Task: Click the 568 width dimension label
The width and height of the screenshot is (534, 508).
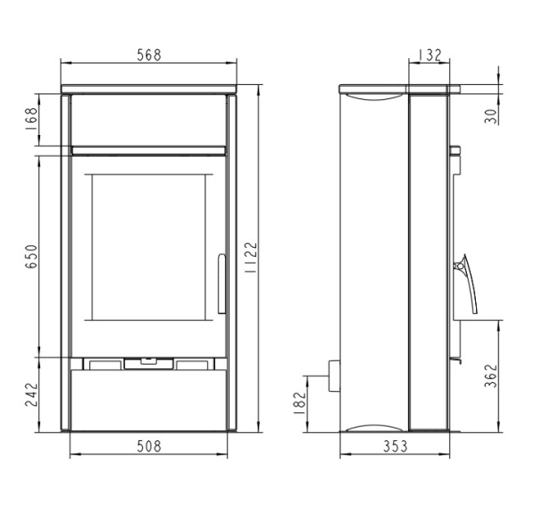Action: tap(149, 55)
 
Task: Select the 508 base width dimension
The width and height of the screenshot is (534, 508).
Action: tap(149, 446)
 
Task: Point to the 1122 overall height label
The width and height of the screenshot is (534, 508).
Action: tap(251, 258)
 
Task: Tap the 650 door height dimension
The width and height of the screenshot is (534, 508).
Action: tap(31, 257)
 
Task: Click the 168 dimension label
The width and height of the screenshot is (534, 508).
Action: tap(31, 119)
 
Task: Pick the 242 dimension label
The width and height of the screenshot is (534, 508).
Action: tap(31, 394)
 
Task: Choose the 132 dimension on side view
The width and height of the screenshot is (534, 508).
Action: tap(430, 55)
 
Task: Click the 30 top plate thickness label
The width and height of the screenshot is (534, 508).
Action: tap(491, 116)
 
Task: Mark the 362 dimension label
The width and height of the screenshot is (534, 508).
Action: tap(491, 376)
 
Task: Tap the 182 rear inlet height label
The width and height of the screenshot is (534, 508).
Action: tap(300, 403)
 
